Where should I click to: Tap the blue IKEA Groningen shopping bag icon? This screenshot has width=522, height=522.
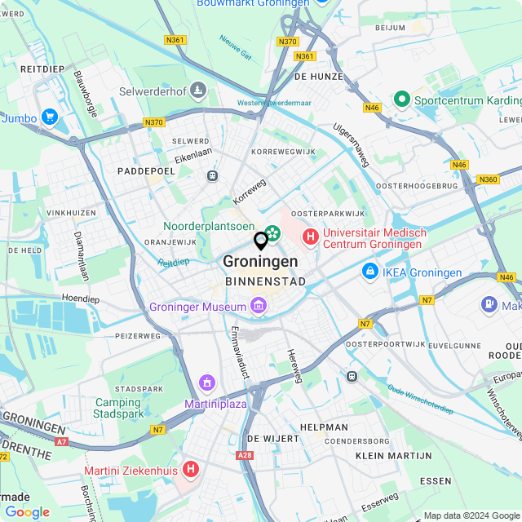369,270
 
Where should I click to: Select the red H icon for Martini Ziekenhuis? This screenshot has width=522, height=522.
191,469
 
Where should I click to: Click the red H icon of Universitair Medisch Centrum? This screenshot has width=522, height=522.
310,237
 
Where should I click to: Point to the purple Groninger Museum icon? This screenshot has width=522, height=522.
259,307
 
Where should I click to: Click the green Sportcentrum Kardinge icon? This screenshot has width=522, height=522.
401,100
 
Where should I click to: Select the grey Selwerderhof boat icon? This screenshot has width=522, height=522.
198,91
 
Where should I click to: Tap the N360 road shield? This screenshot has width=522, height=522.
489,179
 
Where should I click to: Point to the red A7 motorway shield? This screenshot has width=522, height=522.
62,441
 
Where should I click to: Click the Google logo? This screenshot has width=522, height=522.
27,512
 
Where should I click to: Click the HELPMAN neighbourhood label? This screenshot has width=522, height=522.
324,427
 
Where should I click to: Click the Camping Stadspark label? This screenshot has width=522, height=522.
118,408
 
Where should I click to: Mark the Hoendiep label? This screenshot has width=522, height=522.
80,299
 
